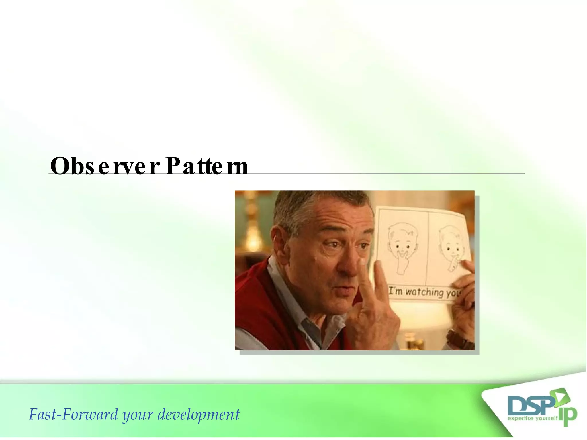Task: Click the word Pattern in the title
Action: (x=206, y=166)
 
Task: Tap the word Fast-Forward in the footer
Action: (x=73, y=415)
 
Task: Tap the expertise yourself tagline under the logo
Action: (x=533, y=419)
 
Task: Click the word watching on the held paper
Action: (x=424, y=292)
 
